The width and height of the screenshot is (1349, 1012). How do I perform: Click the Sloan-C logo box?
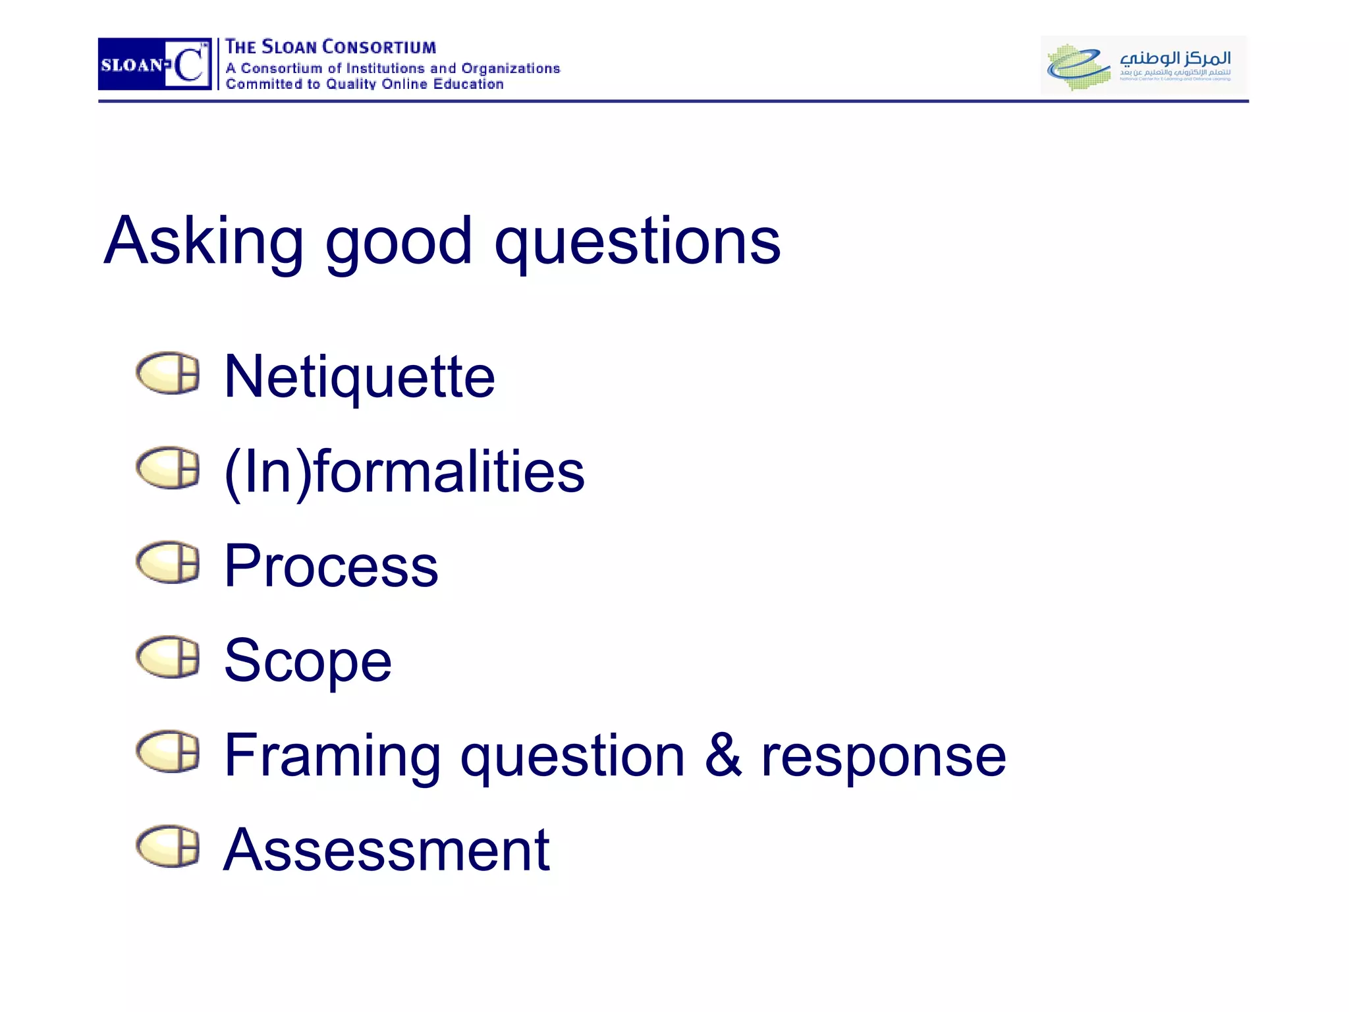coord(155,64)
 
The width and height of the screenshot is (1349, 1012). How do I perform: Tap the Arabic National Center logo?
coord(1143,65)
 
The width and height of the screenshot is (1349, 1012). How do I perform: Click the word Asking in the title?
coord(204,242)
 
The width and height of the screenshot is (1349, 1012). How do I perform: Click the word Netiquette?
coord(359,377)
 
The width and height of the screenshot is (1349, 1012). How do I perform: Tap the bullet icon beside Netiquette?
coord(168,373)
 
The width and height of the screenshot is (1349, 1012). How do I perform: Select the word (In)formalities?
coord(404,472)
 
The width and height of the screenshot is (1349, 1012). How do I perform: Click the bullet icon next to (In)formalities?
coord(168,468)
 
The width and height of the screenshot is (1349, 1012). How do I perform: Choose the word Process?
coord(331,566)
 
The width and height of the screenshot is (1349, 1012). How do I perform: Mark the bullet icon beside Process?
coord(168,562)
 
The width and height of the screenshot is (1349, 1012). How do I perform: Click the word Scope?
coord(308,661)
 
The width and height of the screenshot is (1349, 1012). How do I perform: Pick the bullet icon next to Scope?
coord(168,656)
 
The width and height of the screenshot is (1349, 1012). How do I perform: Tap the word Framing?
coord(332,756)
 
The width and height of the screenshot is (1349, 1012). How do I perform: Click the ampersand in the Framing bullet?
coord(723,755)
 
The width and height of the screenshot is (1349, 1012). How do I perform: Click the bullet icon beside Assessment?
coord(168,846)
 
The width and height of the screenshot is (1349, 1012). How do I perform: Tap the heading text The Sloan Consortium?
coord(330,47)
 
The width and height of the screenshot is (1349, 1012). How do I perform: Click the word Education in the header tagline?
coord(468,84)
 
